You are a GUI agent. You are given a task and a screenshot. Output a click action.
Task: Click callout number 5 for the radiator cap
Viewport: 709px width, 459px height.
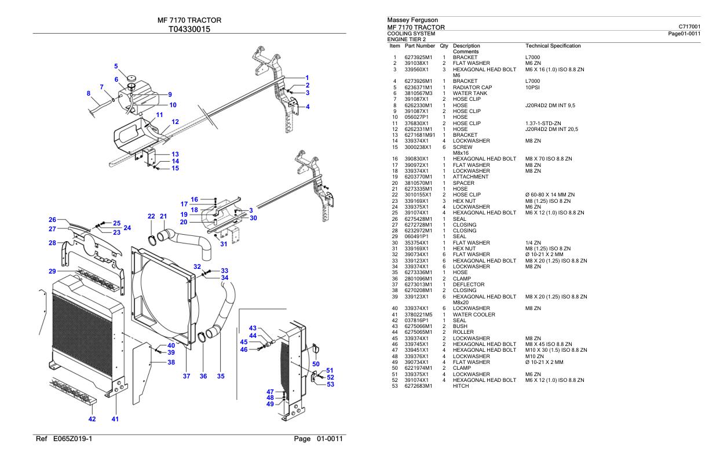[x=115, y=66]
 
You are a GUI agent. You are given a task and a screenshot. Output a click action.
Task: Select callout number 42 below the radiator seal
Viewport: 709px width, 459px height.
[x=92, y=418]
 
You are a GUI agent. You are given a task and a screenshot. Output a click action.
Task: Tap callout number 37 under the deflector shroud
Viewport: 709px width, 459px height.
[x=187, y=376]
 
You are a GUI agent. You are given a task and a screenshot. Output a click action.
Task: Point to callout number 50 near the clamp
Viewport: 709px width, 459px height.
[x=316, y=363]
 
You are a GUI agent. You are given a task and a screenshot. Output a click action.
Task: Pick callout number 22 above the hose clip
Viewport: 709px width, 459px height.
[x=151, y=216]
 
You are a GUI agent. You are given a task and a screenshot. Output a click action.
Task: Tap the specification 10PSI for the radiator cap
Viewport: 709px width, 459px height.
[x=532, y=88]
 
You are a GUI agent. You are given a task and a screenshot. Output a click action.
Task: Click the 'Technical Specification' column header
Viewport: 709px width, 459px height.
[x=553, y=45]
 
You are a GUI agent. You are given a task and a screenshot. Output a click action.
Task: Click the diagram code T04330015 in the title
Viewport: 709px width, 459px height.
[x=189, y=30]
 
